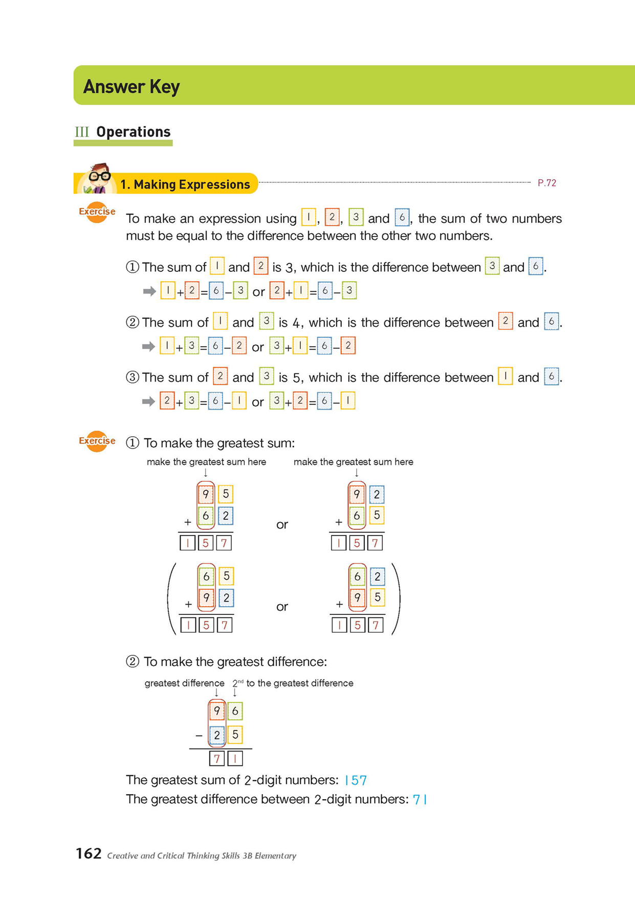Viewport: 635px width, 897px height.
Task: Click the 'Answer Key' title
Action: [x=132, y=87]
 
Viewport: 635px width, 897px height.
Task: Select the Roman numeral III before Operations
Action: [x=82, y=132]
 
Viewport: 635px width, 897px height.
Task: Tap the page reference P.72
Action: [x=546, y=183]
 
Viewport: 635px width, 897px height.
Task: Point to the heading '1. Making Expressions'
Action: [x=185, y=184]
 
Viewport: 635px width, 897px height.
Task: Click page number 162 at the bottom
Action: [x=89, y=853]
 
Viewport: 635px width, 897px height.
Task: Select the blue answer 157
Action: [x=356, y=780]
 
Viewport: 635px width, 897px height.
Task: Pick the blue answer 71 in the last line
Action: [x=420, y=799]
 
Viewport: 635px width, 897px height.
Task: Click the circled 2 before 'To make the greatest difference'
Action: [x=133, y=661]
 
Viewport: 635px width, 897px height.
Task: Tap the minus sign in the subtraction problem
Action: [x=199, y=736]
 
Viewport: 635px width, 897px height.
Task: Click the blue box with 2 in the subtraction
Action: [x=217, y=735]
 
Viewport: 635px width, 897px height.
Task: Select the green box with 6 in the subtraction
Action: [x=235, y=711]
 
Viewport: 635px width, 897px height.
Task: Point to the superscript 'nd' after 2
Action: [x=240, y=681]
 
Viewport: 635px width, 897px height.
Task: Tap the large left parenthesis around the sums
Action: [x=172, y=599]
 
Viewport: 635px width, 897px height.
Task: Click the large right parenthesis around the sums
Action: [x=396, y=599]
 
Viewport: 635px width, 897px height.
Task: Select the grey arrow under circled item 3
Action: [x=148, y=401]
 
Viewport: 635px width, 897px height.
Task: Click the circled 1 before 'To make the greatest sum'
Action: [x=133, y=443]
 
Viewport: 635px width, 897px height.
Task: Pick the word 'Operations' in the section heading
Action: [x=133, y=132]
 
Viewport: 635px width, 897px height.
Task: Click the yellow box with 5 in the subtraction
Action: [x=235, y=735]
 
